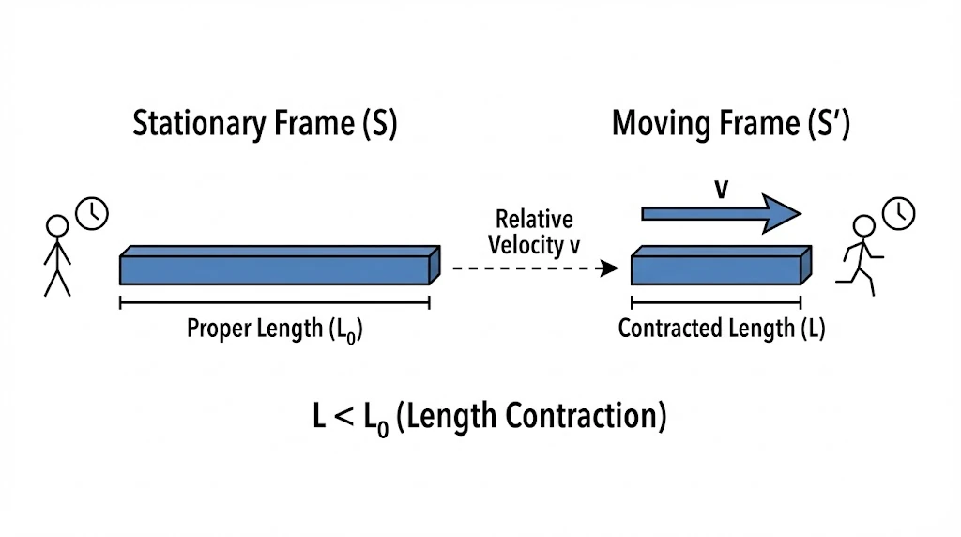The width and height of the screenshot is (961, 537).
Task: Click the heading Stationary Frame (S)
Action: [265, 125]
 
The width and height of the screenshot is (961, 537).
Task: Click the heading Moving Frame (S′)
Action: [731, 125]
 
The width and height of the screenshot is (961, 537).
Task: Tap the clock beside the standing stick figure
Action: [92, 213]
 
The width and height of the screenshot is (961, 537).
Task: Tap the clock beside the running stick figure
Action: [898, 213]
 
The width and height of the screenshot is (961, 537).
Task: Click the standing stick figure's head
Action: [58, 226]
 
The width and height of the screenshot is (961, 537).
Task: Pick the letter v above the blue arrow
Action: [721, 189]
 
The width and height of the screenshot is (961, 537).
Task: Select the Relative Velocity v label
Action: [534, 232]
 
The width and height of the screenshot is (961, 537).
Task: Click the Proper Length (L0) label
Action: [274, 330]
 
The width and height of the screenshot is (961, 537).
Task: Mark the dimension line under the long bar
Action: [274, 302]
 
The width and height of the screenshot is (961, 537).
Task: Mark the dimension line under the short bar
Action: [716, 302]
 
